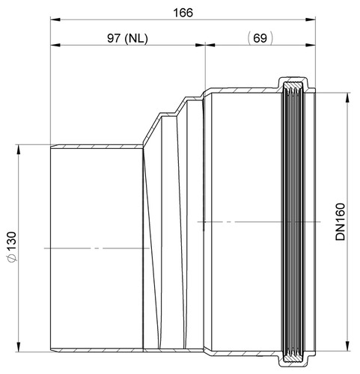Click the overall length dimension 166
point(183,13)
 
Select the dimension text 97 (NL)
point(127,38)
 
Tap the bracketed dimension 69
point(260,38)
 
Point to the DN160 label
point(341,222)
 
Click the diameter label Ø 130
point(12,247)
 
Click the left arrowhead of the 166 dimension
point(55,19)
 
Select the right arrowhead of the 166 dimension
point(311,19)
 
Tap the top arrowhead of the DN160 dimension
point(347,97)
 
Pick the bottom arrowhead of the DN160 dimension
point(347,346)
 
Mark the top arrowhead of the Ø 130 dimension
point(18,150)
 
